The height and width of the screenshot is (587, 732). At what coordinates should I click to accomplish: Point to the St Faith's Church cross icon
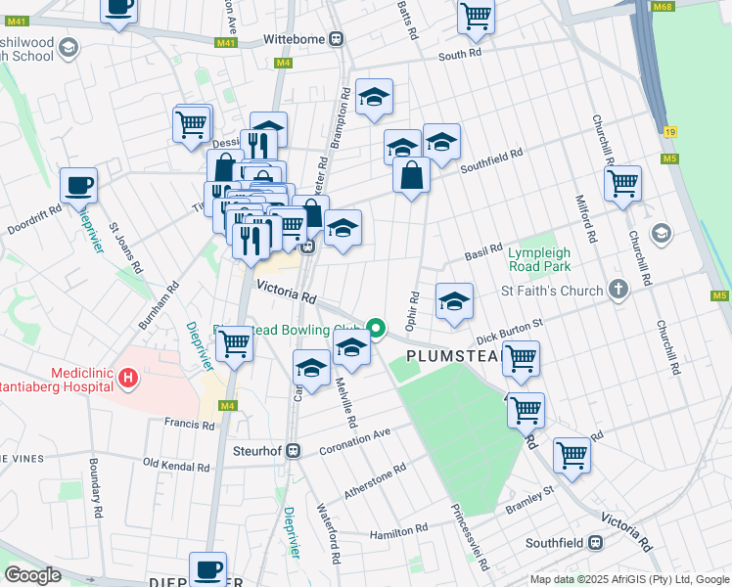(x=617, y=290)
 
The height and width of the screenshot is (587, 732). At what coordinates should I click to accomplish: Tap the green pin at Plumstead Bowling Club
(x=377, y=328)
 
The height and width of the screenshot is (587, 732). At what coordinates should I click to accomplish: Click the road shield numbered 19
(x=669, y=131)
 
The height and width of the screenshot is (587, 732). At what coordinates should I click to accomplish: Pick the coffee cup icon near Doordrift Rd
(x=78, y=184)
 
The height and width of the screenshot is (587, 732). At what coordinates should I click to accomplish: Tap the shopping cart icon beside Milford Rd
(x=622, y=182)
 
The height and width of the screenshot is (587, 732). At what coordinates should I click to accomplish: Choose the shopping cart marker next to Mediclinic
(x=234, y=343)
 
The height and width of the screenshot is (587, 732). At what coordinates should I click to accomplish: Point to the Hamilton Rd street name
(x=398, y=528)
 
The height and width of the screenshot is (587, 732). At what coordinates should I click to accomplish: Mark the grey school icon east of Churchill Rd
(x=662, y=232)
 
